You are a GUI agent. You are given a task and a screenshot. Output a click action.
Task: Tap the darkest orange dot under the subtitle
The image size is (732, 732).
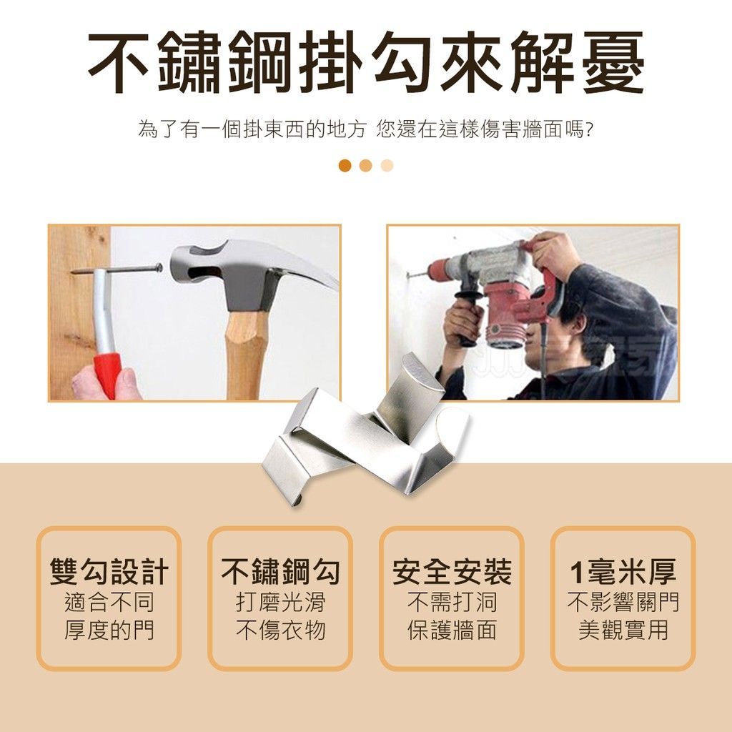point(345,165)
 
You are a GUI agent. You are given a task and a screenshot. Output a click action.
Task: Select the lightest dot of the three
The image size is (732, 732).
point(387,165)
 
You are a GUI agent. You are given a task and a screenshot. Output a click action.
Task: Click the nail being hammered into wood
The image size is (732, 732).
point(117,269)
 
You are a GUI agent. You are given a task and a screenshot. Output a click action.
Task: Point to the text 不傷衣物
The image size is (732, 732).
point(280,630)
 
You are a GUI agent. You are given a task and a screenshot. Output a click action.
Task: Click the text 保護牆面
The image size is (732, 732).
point(452,630)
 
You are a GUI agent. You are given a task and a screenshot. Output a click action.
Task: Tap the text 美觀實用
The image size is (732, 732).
point(623,630)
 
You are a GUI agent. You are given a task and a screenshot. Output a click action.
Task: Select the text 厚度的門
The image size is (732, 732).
point(109,630)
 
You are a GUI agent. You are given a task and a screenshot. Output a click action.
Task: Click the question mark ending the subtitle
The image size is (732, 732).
point(589,130)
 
